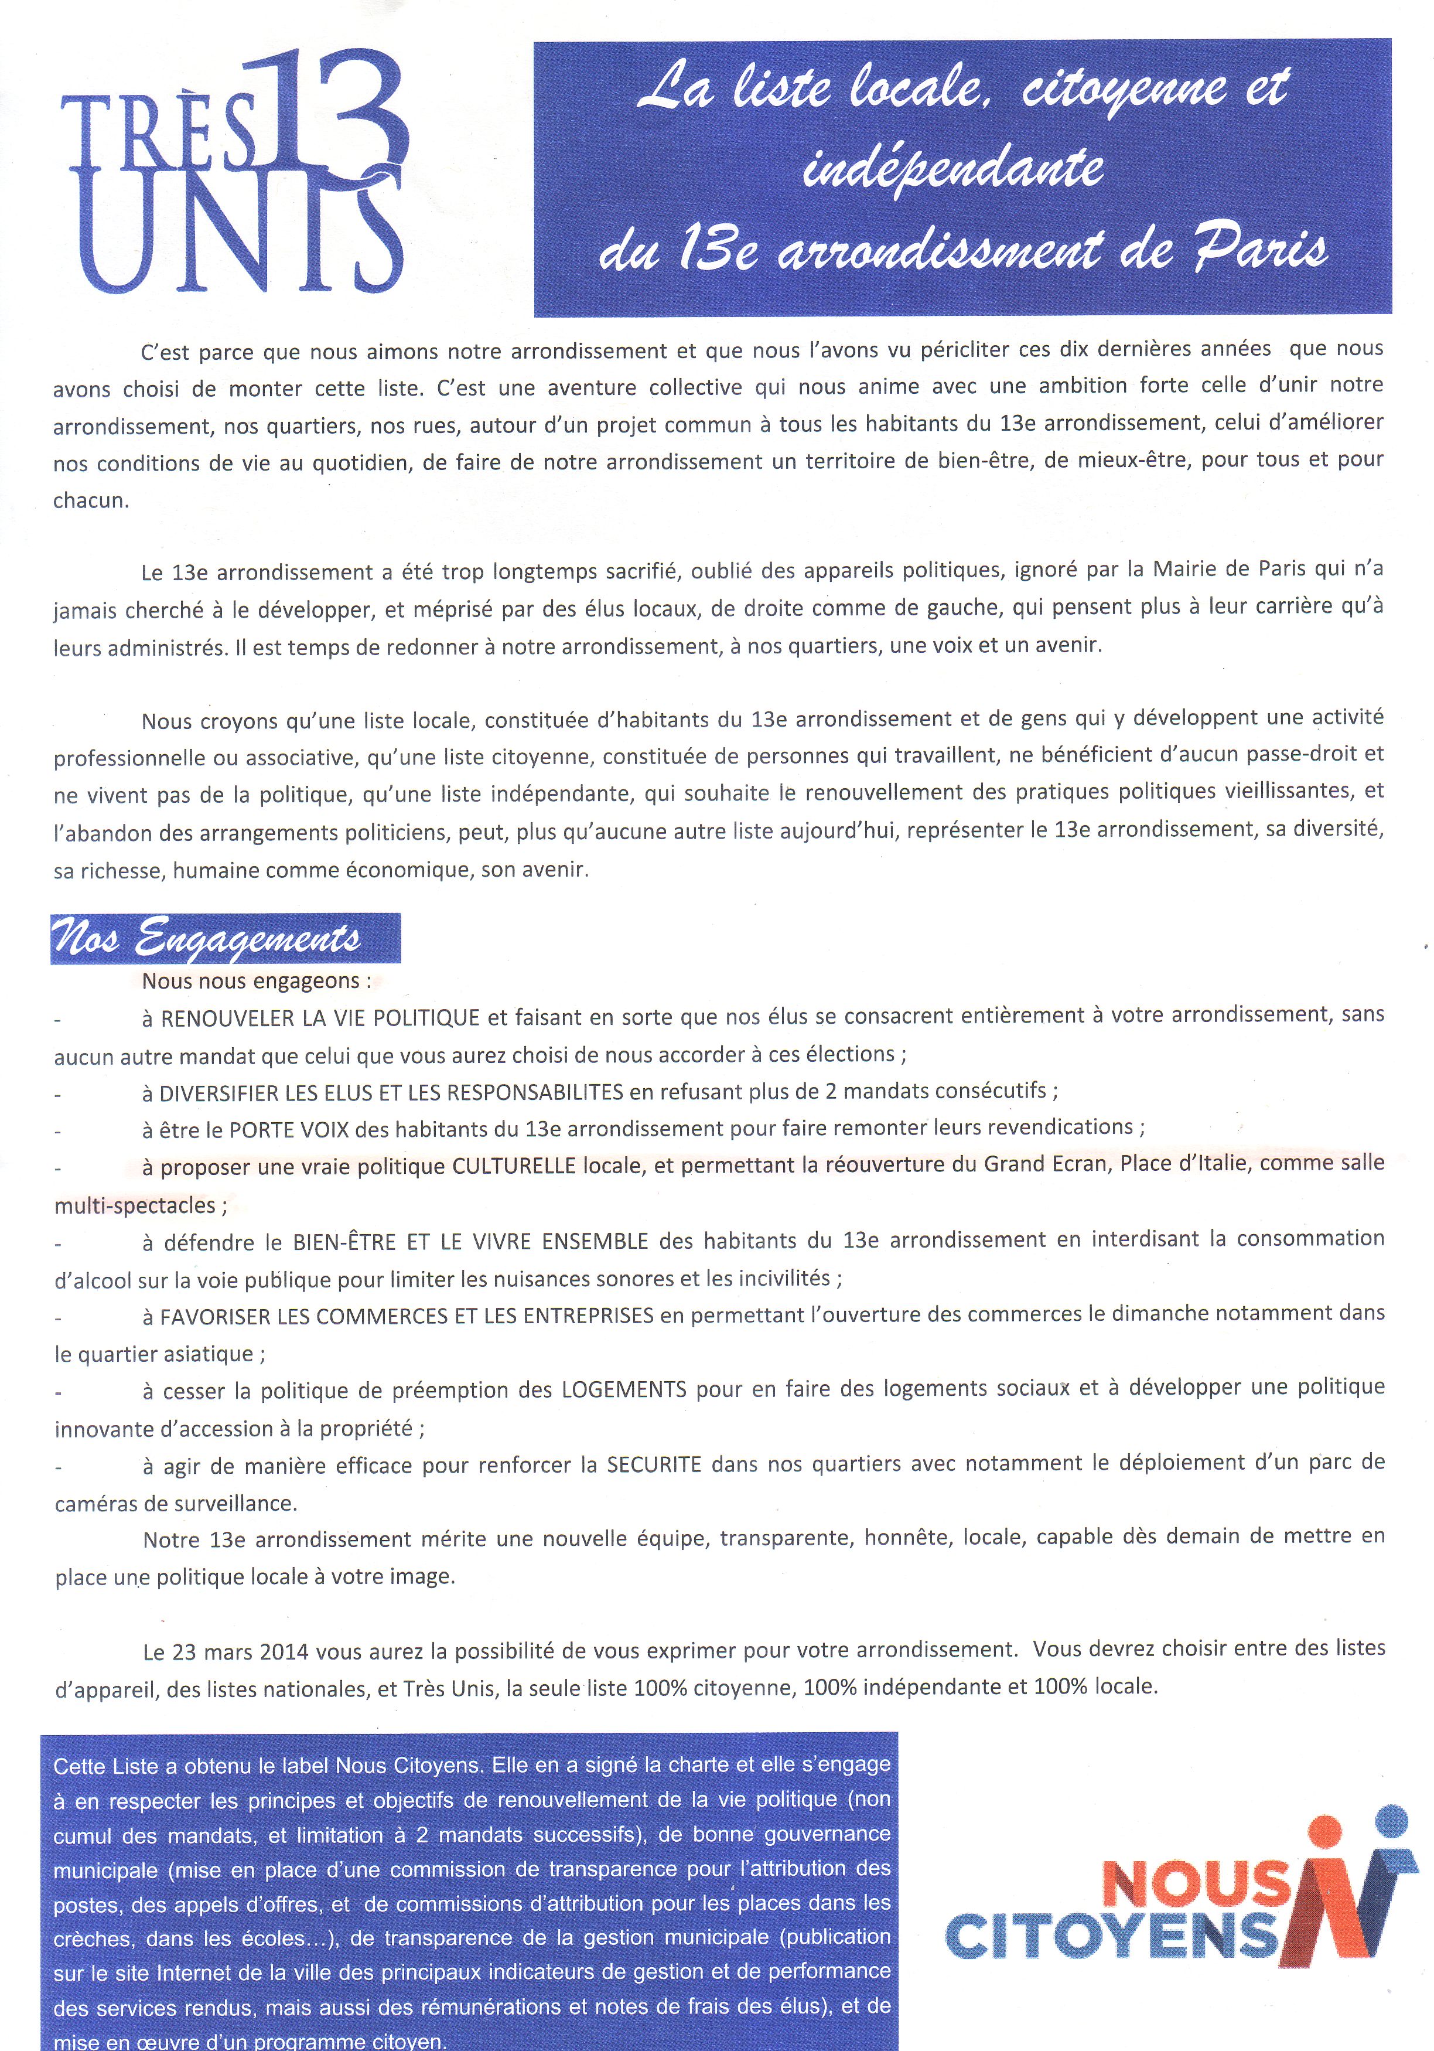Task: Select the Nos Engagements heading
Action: (x=207, y=938)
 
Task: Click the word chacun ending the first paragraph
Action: (x=90, y=500)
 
